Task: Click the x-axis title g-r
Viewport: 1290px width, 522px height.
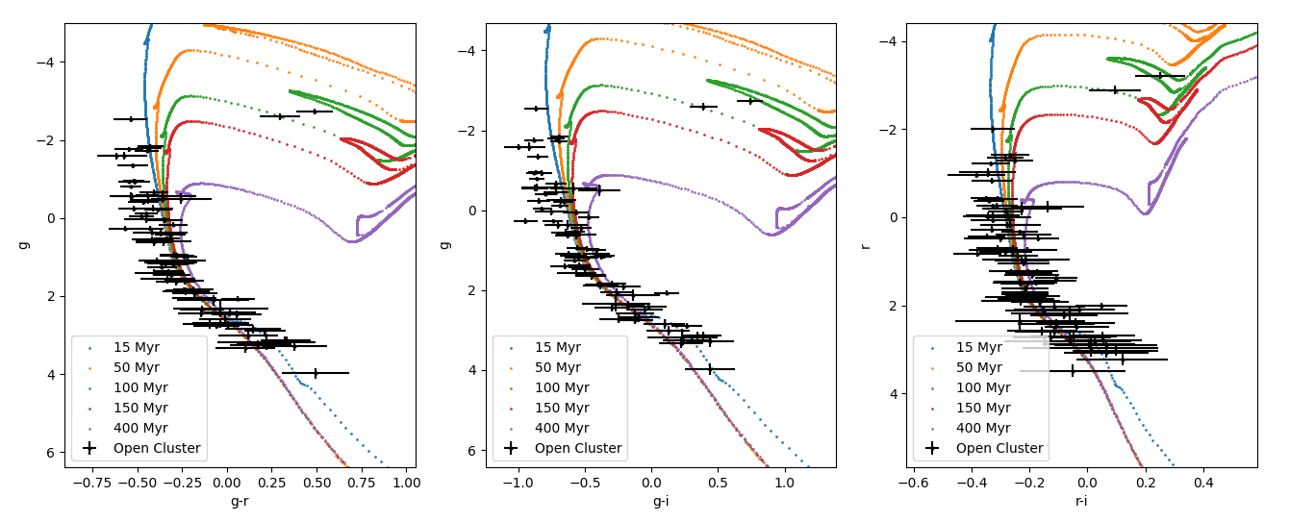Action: pyautogui.click(x=240, y=501)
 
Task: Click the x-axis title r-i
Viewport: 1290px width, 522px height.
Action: pyautogui.click(x=1081, y=501)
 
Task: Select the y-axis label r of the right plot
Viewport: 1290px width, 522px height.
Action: pyautogui.click(x=865, y=245)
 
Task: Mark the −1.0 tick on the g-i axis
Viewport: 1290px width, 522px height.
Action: pyautogui.click(x=518, y=481)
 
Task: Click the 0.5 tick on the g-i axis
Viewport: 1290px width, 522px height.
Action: pyautogui.click(x=718, y=481)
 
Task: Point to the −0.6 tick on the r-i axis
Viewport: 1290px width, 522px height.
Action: pyautogui.click(x=912, y=481)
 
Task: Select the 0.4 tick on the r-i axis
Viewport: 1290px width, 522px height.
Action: pyautogui.click(x=1203, y=481)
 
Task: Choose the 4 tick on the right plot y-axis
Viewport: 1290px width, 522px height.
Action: pyautogui.click(x=893, y=393)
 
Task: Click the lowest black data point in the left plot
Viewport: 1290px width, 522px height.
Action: pyautogui.click(x=316, y=373)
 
